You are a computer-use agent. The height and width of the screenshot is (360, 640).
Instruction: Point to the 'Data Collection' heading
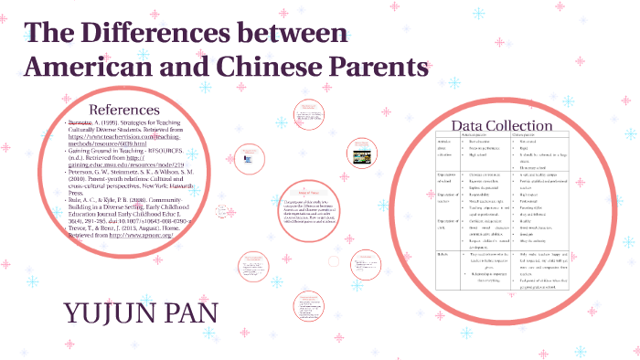coord(502,125)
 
